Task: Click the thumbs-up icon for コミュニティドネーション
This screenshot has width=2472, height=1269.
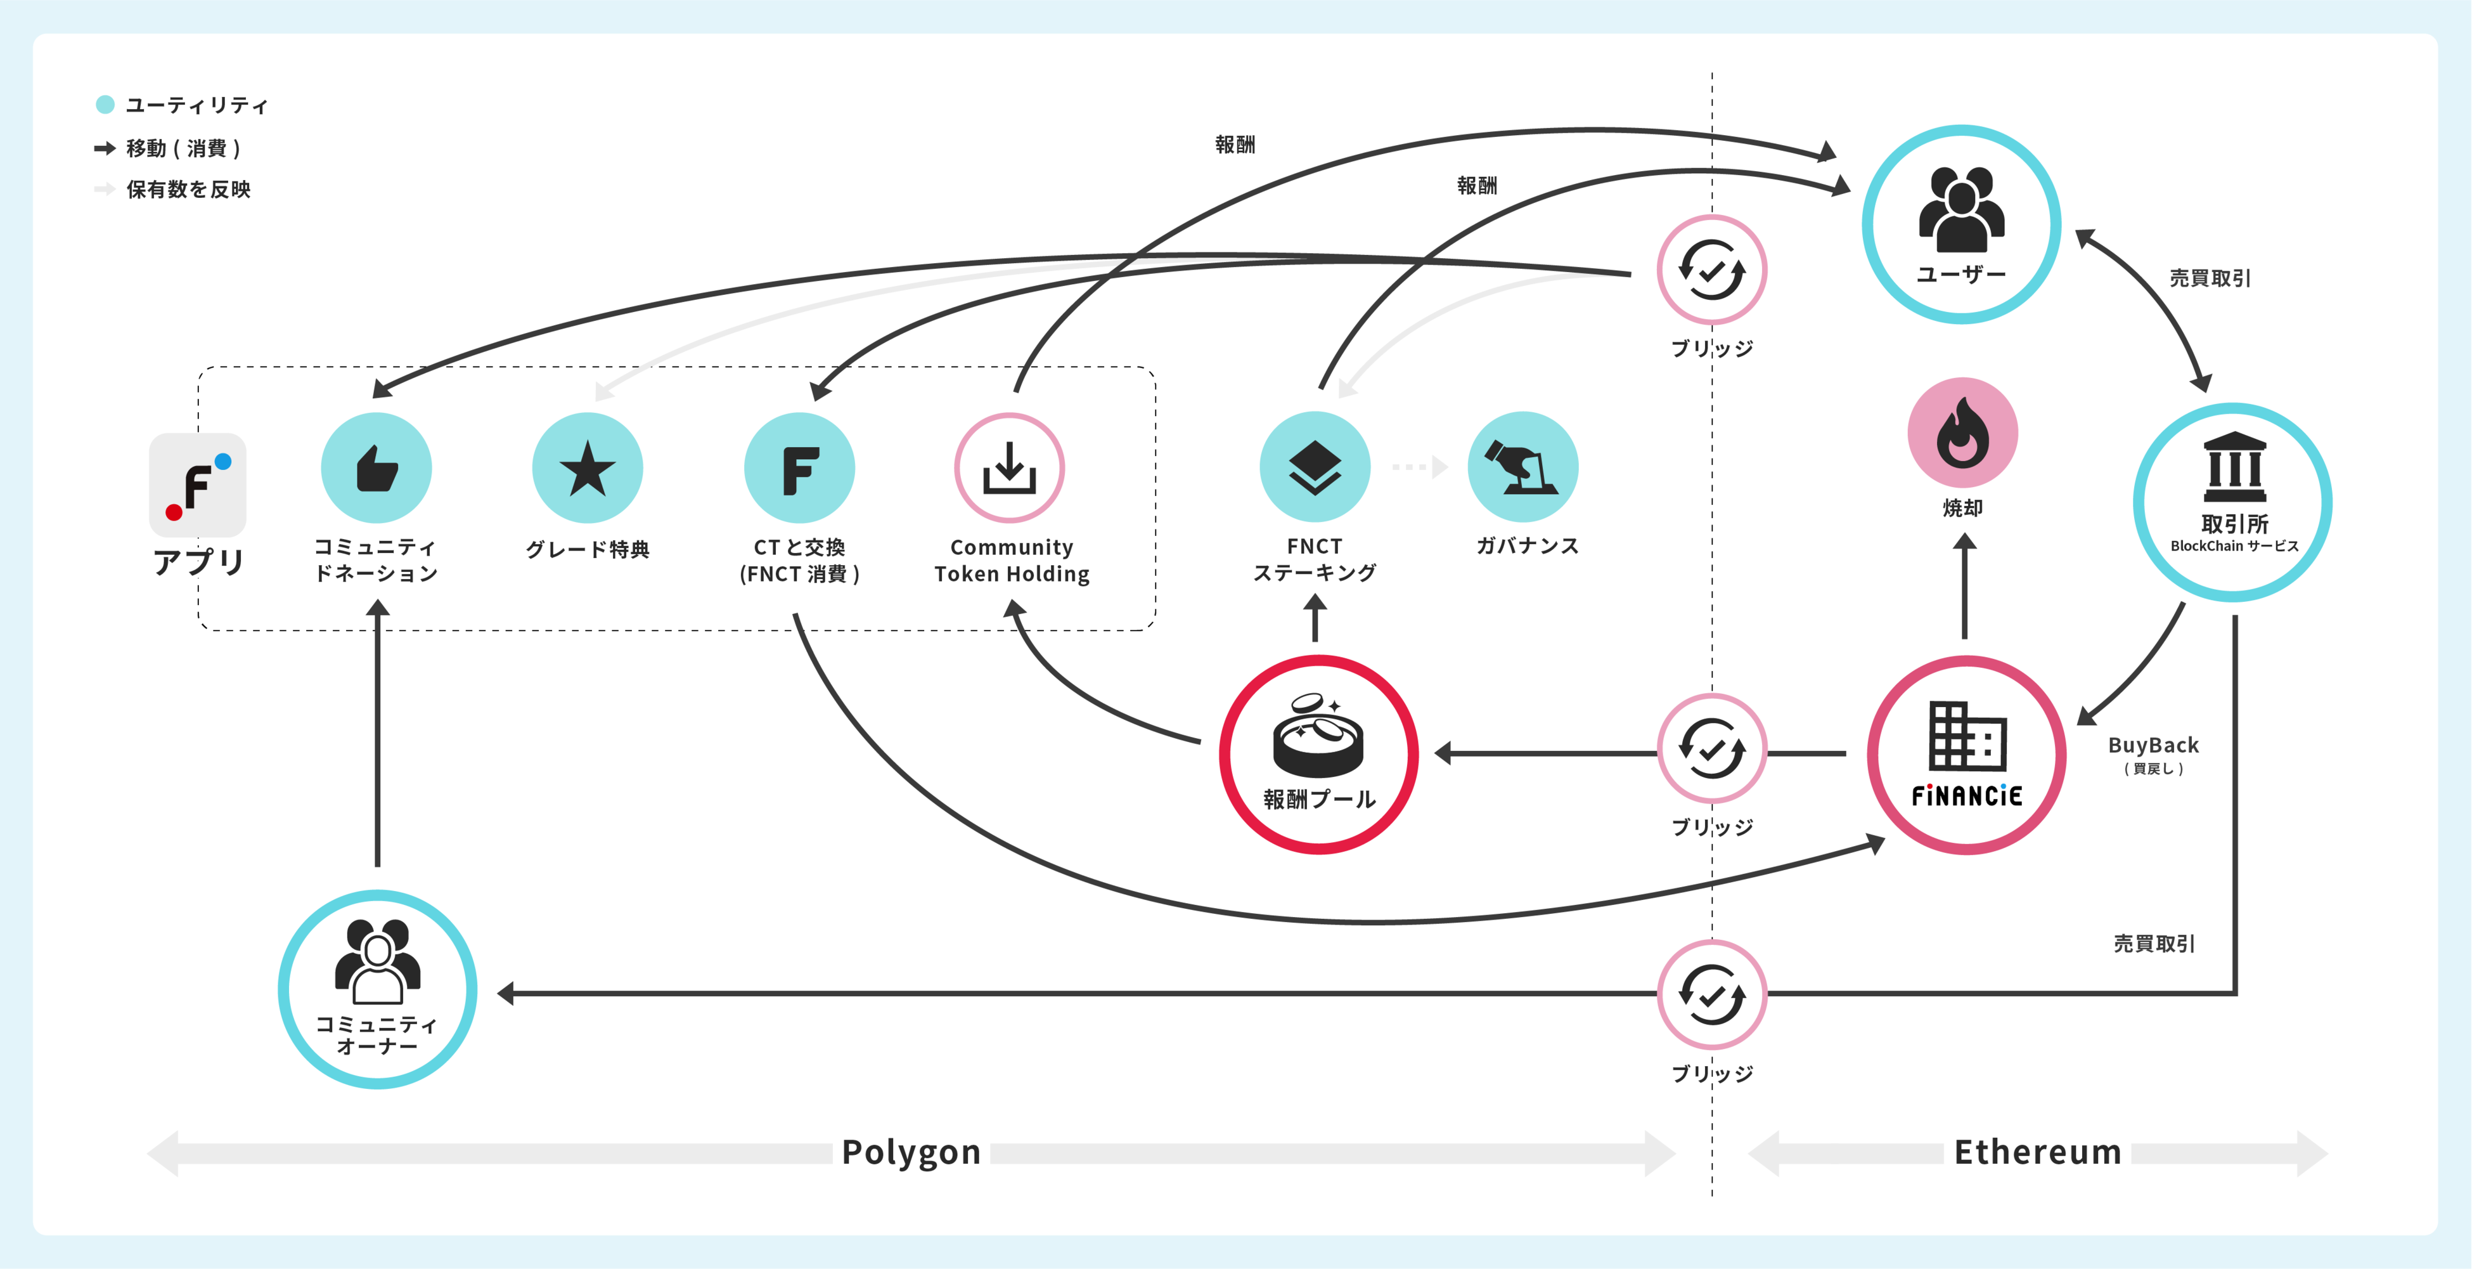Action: [376, 469]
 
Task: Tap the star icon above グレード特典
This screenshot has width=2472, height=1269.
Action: [588, 469]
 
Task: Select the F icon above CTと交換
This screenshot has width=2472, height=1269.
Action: [799, 469]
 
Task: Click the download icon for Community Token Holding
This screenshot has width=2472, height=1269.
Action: [1010, 469]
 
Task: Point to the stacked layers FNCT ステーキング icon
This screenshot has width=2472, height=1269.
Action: [1315, 467]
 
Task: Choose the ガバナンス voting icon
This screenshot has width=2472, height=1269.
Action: [1523, 467]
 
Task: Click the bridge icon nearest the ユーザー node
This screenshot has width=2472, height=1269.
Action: [1712, 270]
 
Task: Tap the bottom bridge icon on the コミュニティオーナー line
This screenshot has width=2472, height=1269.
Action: [1712, 994]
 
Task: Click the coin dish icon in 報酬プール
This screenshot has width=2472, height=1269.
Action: [1318, 735]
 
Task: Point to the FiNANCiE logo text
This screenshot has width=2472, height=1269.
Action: [1966, 796]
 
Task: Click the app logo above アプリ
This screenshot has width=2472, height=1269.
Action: [198, 485]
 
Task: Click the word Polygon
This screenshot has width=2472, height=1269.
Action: [911, 1152]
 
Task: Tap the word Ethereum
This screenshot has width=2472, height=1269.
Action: [2037, 1152]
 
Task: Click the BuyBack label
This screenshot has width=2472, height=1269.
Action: [2153, 746]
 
